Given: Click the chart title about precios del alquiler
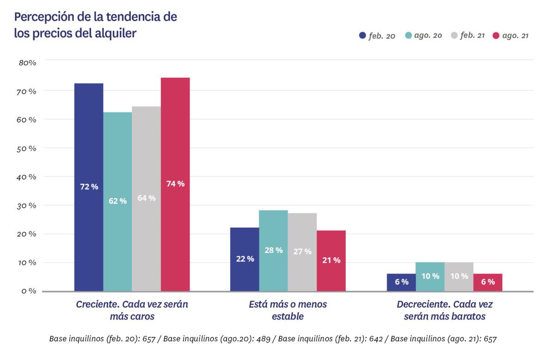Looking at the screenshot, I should pyautogui.click(x=95, y=25).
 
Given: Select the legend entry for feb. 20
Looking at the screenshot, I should pyautogui.click(x=377, y=36).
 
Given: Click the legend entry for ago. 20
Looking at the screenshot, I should pyautogui.click(x=423, y=36).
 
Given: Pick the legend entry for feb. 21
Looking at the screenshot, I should pyautogui.click(x=467, y=36).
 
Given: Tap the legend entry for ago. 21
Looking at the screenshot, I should pyautogui.click(x=511, y=36).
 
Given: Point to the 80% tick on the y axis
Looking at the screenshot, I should pyautogui.click(x=27, y=62).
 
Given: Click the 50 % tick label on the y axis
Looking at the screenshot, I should pyautogui.click(x=26, y=148).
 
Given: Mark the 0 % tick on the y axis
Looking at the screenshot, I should pyautogui.click(x=28, y=291).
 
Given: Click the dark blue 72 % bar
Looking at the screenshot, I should pyautogui.click(x=89, y=187).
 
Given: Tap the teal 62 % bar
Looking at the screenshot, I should pyautogui.click(x=117, y=201).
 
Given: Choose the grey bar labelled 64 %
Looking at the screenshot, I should pyautogui.click(x=146, y=199).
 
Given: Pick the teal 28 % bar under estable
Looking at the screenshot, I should pyautogui.click(x=273, y=250).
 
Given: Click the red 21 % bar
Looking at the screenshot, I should pyautogui.click(x=331, y=261).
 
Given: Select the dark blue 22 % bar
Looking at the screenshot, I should pyautogui.click(x=245, y=259).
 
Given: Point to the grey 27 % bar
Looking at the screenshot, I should pyautogui.click(x=302, y=252).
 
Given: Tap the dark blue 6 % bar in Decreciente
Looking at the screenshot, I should pyautogui.click(x=401, y=282).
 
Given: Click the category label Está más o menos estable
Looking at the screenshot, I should pyautogui.click(x=288, y=310).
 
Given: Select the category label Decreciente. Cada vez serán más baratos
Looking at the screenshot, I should pyautogui.click(x=444, y=310).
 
